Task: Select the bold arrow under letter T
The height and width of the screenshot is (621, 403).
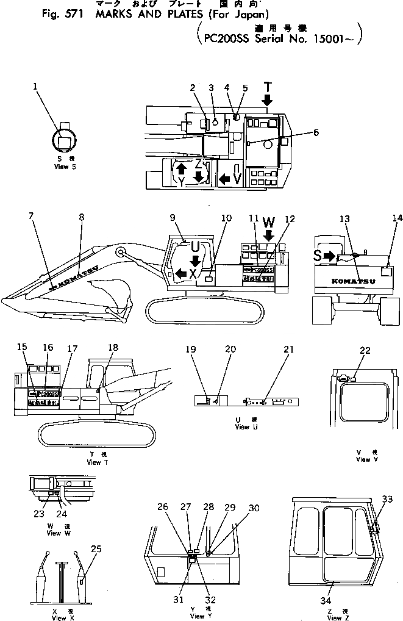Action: pos(268,99)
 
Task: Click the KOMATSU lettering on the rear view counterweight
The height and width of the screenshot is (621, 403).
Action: pos(349,281)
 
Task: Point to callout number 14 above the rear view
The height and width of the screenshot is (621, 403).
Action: pos(398,217)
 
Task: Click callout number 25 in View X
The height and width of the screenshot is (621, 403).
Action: pos(95,548)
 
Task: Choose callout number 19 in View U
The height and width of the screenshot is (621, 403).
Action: pos(190,350)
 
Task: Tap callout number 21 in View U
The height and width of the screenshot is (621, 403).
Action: pos(288,350)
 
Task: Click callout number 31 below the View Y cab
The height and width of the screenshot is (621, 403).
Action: pos(179,600)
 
